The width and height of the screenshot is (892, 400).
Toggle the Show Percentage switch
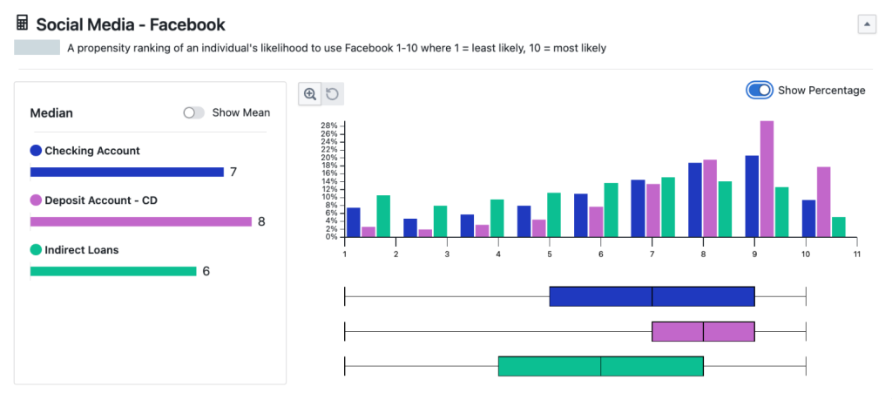coord(760,91)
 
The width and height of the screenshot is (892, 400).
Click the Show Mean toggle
coord(193,112)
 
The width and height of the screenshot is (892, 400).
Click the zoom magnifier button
coord(310,94)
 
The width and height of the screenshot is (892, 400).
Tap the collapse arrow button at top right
coord(867,24)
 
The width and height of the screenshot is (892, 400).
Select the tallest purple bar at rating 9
coord(767,179)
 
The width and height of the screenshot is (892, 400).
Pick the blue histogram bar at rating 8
coord(695,200)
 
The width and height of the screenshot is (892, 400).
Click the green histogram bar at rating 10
coord(839,227)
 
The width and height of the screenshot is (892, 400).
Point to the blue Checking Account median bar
coord(127,172)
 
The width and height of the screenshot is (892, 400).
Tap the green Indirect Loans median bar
coord(113,271)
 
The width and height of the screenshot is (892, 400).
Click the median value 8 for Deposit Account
coord(261,221)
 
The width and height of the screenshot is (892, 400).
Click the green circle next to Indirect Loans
coord(36,250)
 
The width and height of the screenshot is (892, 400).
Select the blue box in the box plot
coord(652,296)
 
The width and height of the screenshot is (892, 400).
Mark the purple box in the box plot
coord(703,332)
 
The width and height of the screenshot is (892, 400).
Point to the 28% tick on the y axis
coord(330,125)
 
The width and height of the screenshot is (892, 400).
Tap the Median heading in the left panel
coord(51,112)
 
